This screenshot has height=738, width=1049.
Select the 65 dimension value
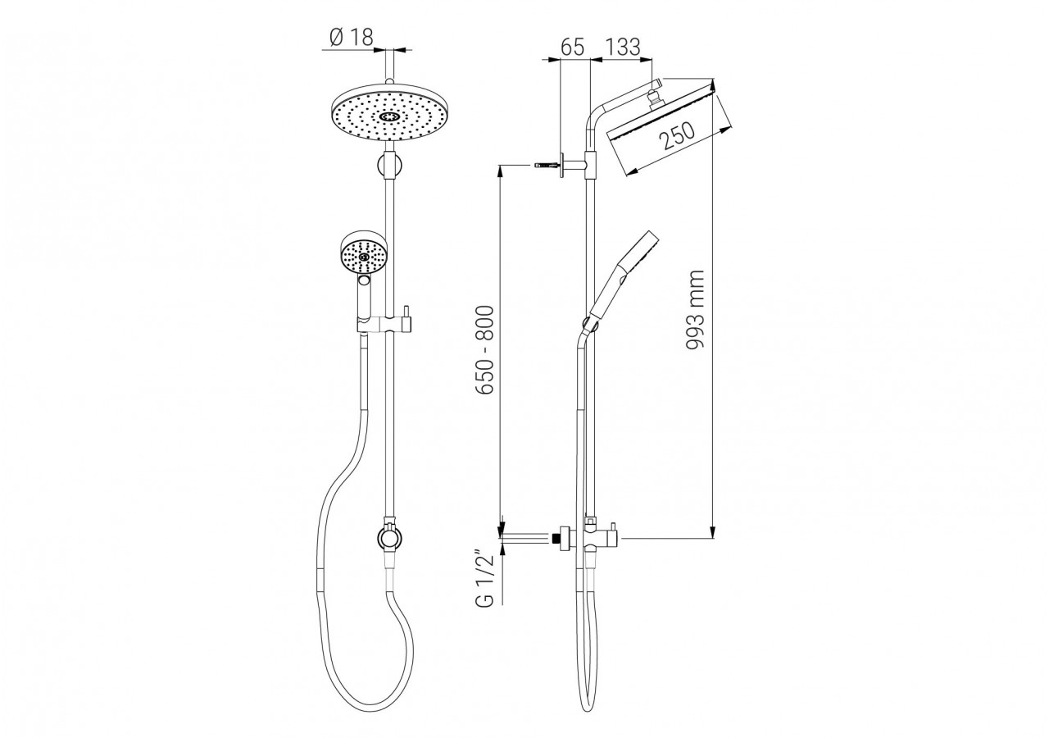[572, 47]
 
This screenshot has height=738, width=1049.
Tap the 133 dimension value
[623, 47]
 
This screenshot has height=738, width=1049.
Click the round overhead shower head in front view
[390, 116]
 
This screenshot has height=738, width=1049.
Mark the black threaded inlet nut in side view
[561, 539]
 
